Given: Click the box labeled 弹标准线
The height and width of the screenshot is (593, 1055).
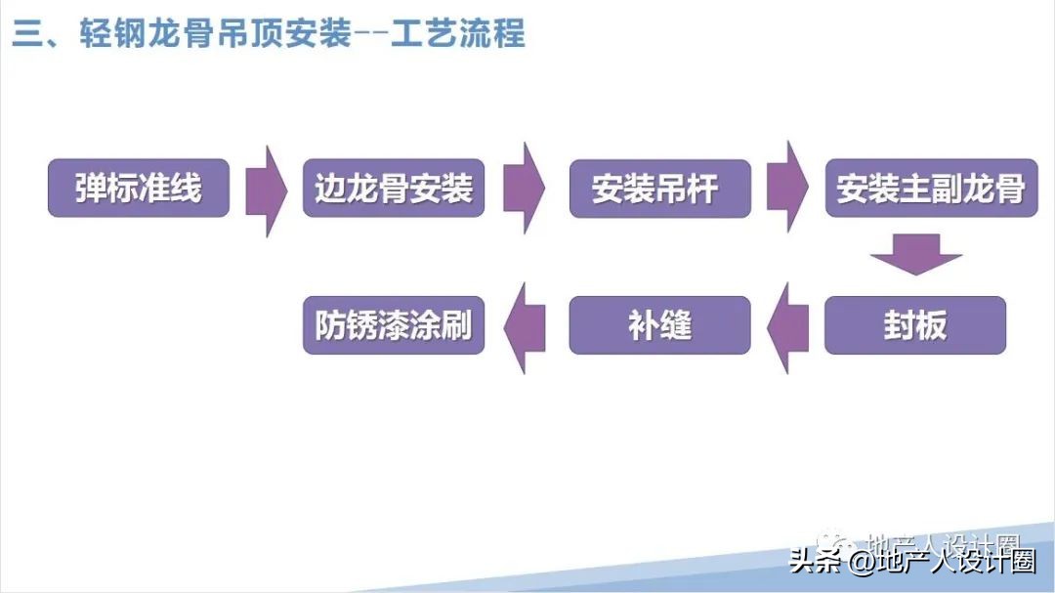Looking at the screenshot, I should pos(139,188).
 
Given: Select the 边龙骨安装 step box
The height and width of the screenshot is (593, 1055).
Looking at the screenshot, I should pos(394,188).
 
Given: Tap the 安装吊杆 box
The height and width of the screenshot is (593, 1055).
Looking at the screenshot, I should pos(659,188).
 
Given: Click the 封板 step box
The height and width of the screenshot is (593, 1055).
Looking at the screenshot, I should pos(915,325).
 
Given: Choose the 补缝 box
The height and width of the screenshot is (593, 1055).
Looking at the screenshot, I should pos(659,325).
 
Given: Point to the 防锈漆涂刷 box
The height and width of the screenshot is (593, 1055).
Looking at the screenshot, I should pos(394,325).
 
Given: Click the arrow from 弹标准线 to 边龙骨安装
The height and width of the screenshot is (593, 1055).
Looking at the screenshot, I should pos(266,190).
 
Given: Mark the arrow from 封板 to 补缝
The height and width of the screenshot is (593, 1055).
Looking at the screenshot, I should pos(787,327).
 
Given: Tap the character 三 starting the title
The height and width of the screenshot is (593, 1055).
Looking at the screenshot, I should pos(25,35).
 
